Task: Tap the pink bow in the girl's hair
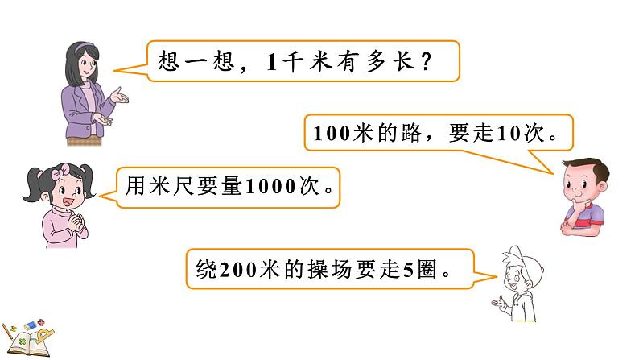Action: coord(60,171)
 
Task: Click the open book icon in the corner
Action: coord(32,338)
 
